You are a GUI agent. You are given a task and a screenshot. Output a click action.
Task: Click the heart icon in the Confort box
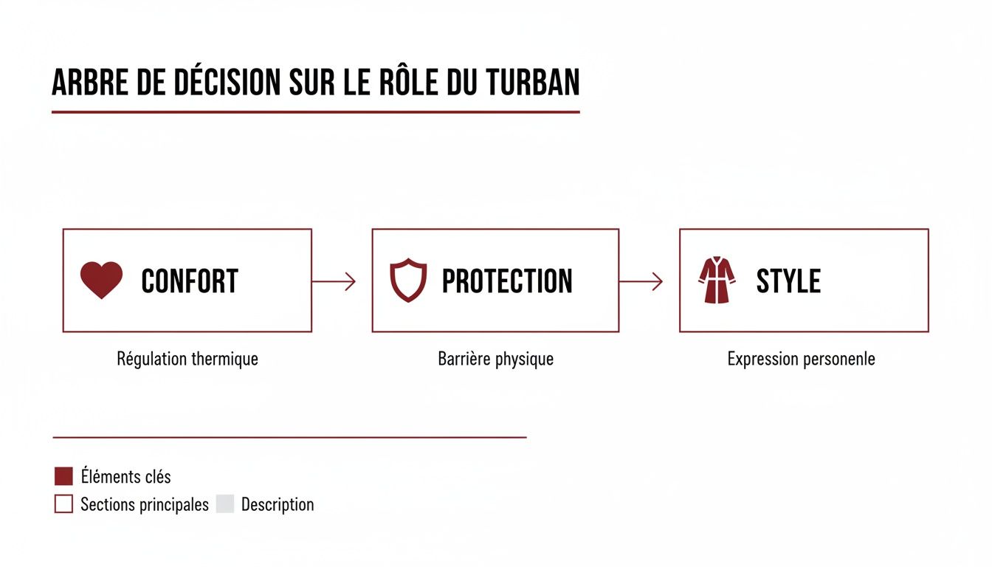(101, 281)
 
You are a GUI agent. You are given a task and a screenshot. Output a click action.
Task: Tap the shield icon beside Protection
(408, 281)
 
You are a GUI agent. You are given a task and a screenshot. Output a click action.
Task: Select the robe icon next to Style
(717, 281)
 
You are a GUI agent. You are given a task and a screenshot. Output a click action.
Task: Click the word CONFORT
(190, 281)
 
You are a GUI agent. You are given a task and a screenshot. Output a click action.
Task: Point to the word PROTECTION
(507, 281)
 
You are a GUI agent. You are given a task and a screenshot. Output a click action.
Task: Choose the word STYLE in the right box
(788, 281)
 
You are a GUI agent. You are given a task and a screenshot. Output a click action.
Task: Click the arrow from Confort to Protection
(334, 281)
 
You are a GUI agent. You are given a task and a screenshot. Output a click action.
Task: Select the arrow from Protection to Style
(641, 281)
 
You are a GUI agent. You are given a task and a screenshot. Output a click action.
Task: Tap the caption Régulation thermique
(187, 360)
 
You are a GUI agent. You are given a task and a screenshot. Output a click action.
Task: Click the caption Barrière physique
(495, 360)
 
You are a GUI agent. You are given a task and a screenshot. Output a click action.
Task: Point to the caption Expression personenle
(801, 360)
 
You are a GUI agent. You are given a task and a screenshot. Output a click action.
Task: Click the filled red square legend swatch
(63, 476)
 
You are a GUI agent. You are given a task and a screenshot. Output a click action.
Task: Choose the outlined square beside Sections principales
(63, 504)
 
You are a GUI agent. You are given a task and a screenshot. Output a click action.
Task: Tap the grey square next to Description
(225, 504)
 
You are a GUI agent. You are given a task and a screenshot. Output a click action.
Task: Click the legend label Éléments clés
(125, 477)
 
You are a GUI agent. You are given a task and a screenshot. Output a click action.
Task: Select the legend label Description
(278, 505)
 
